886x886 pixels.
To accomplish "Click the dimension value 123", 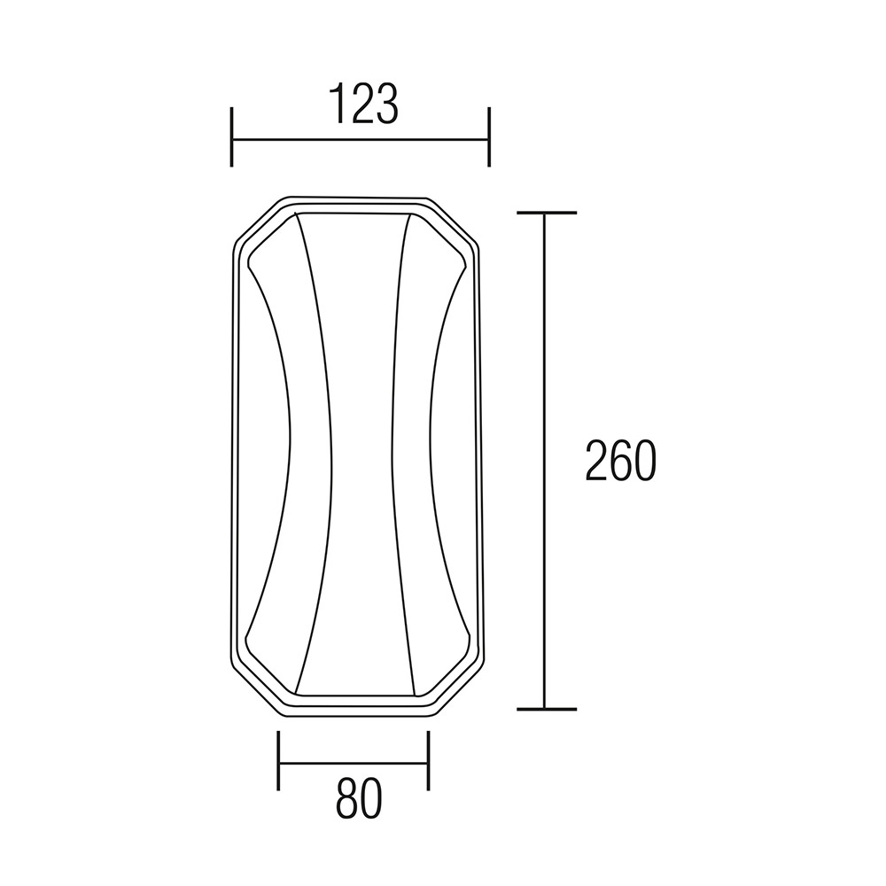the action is point(364,104).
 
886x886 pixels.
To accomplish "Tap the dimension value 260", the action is point(620,460).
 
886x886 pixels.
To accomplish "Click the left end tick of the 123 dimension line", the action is point(231,136).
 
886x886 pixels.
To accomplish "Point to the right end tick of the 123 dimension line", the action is point(489,136).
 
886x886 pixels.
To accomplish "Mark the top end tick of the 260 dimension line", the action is point(547,213).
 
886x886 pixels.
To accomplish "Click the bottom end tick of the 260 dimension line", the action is point(547,709).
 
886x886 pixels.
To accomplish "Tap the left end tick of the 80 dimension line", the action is point(278,760).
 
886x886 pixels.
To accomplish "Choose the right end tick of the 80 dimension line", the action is point(429,760).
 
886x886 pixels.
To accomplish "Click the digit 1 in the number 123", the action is point(338,104).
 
